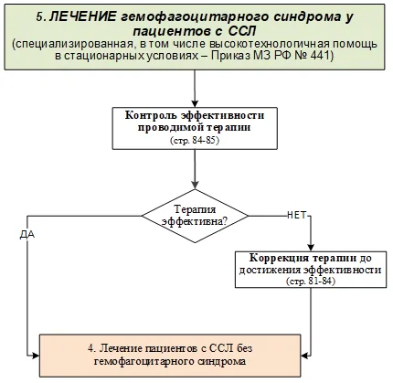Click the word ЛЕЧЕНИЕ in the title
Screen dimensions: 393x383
82,16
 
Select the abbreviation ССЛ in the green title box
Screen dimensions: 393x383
241,31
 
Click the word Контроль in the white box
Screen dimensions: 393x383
151,115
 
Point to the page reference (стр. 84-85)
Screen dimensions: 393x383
195,141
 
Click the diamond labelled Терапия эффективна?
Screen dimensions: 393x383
195,216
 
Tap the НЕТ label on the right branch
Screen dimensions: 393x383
296,215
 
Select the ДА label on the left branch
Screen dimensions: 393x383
27,235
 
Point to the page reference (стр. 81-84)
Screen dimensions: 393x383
311,281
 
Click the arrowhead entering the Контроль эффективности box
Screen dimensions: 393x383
195,103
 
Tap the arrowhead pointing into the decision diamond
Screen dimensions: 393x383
195,186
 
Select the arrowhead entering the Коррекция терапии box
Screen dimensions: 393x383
311,248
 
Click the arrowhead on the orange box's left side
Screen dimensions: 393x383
36,356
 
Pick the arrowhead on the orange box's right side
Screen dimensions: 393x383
304,356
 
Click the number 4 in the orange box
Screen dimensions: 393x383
91,348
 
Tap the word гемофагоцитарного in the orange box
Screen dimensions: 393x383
144,362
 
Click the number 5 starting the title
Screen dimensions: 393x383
41,17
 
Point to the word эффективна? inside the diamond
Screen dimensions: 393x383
195,221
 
